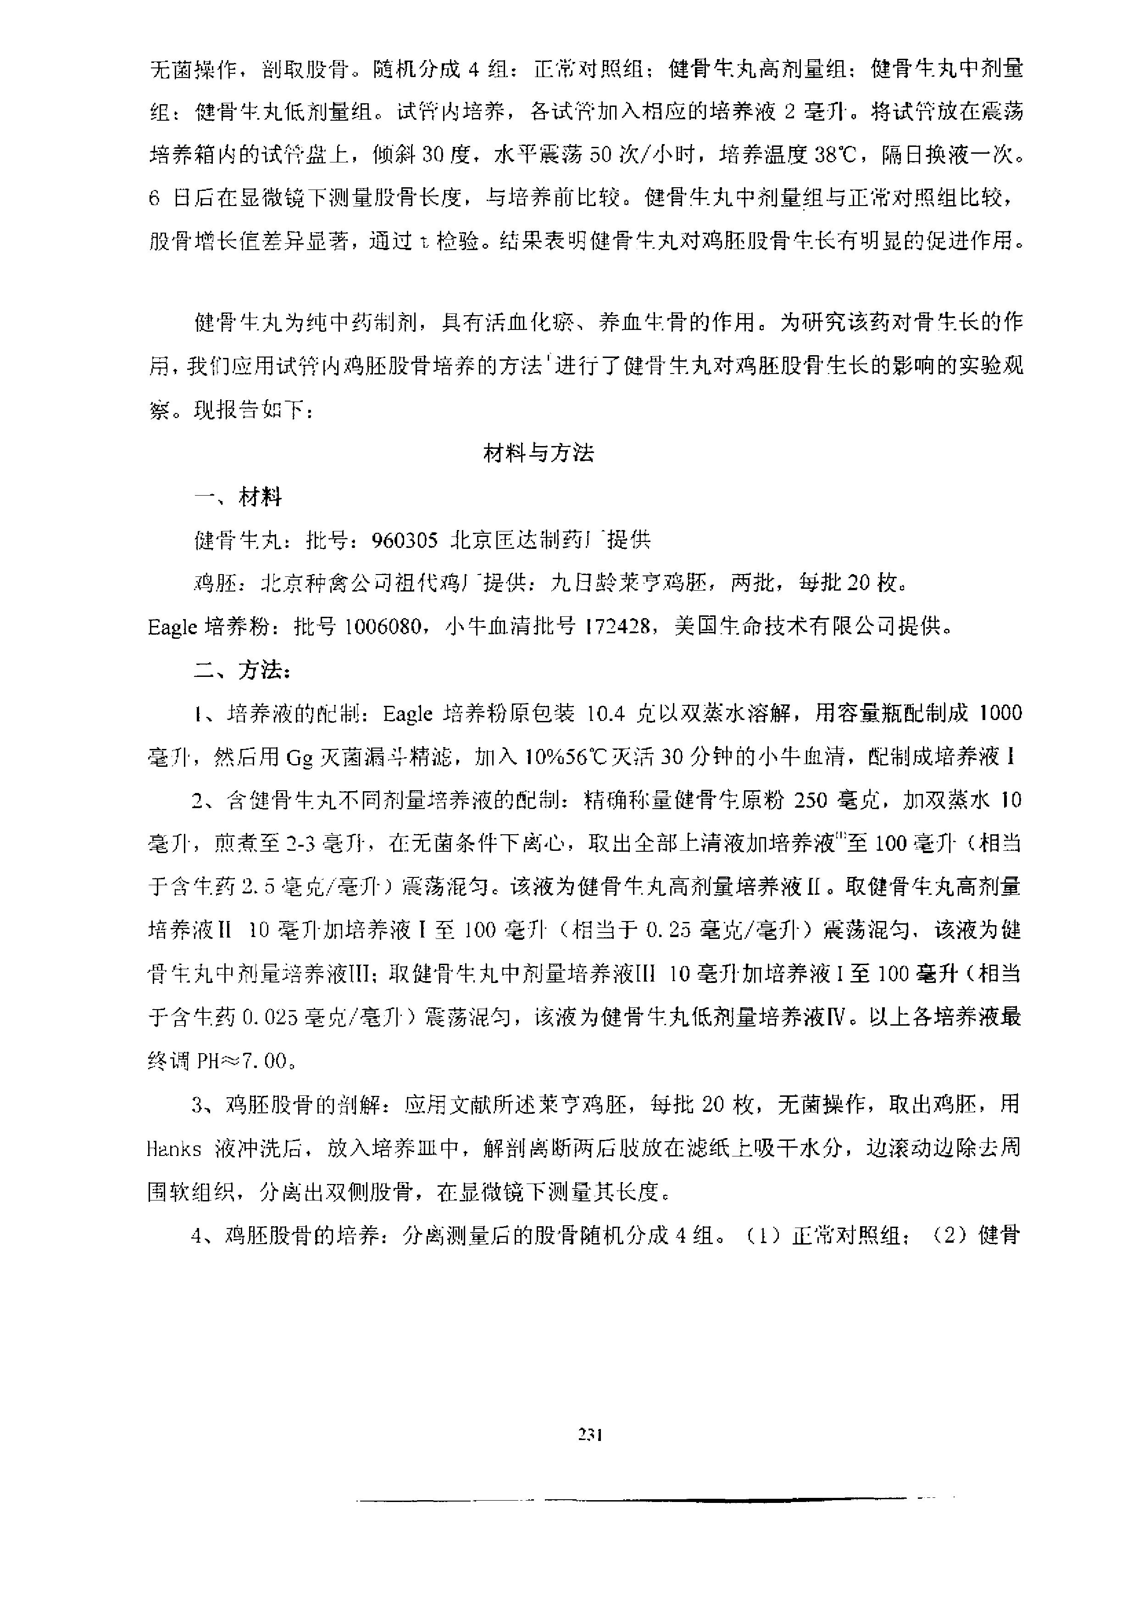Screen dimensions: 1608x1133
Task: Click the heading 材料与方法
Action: [539, 454]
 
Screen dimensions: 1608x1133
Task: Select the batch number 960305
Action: [405, 540]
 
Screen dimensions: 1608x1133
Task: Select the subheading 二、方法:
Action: [242, 670]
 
